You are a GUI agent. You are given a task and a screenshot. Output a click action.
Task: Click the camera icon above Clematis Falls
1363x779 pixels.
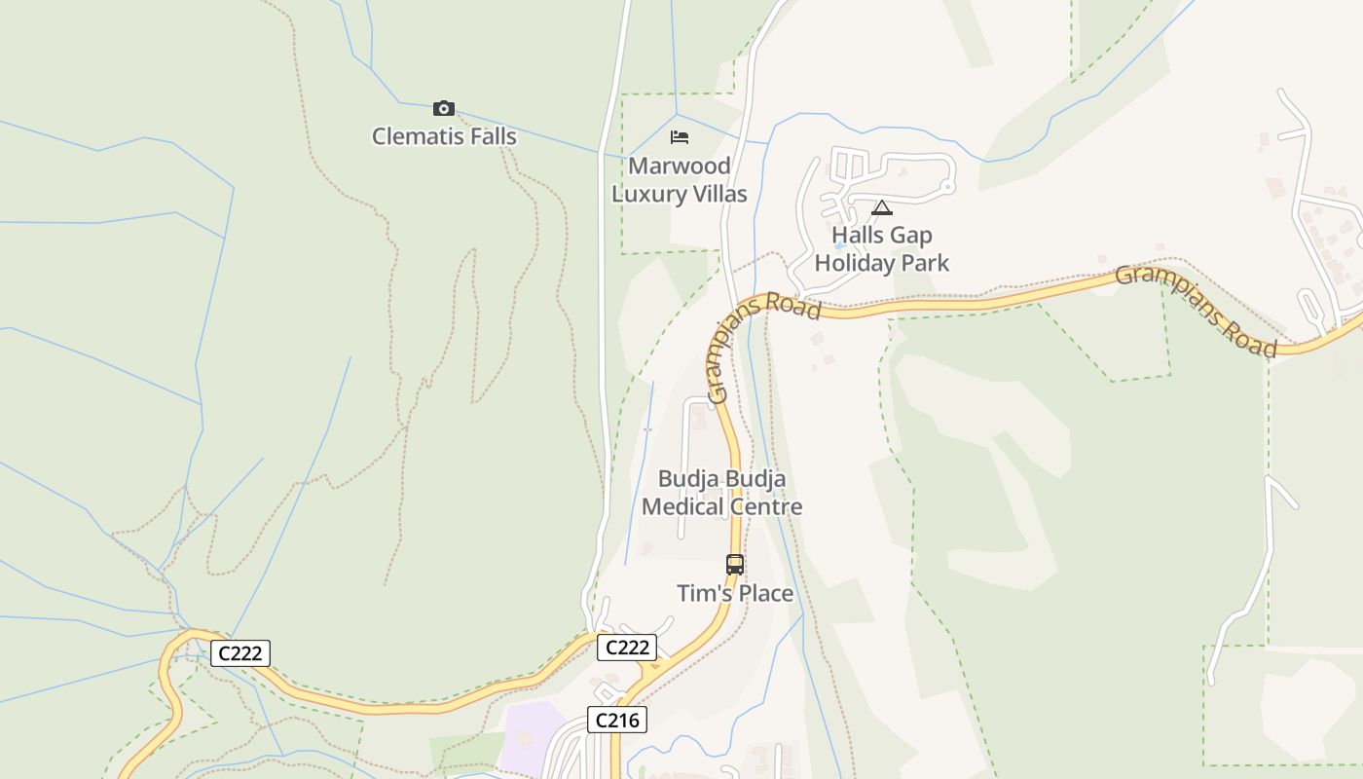[444, 108]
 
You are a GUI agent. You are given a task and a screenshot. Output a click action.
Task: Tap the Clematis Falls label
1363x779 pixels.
[444, 136]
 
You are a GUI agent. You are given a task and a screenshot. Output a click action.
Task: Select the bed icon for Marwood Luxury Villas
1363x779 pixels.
[680, 137]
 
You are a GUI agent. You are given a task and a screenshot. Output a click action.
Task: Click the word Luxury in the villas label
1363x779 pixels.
[649, 194]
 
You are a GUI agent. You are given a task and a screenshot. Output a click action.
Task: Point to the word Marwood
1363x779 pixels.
[680, 166]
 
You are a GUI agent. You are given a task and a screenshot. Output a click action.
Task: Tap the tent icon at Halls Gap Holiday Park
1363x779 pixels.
[881, 207]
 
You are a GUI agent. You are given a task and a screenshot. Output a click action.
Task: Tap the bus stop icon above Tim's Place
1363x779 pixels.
[735, 564]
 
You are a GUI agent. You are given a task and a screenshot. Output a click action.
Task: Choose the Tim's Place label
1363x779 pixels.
[735, 593]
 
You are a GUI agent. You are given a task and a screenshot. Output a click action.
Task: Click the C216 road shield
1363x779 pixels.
[617, 720]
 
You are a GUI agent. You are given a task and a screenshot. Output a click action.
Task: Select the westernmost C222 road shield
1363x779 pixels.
[240, 652]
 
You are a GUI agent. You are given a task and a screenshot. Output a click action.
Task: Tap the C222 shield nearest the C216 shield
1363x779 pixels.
[627, 648]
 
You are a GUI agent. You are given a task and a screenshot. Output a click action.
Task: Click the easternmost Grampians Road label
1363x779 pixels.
[1196, 311]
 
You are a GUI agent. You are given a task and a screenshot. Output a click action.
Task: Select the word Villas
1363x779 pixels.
[718, 194]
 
